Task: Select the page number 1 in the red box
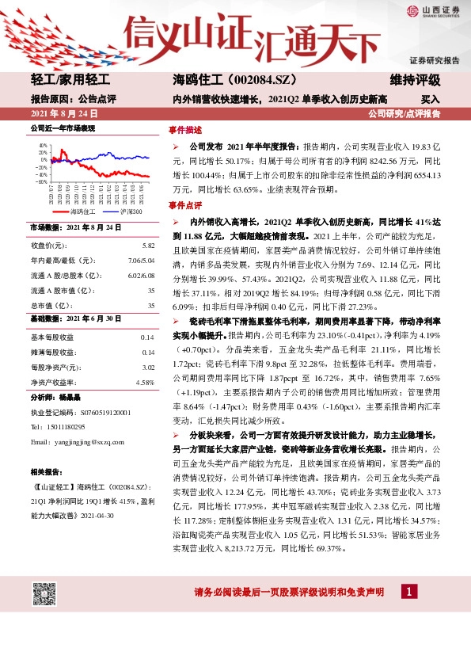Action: (408, 592)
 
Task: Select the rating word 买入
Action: (430, 100)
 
